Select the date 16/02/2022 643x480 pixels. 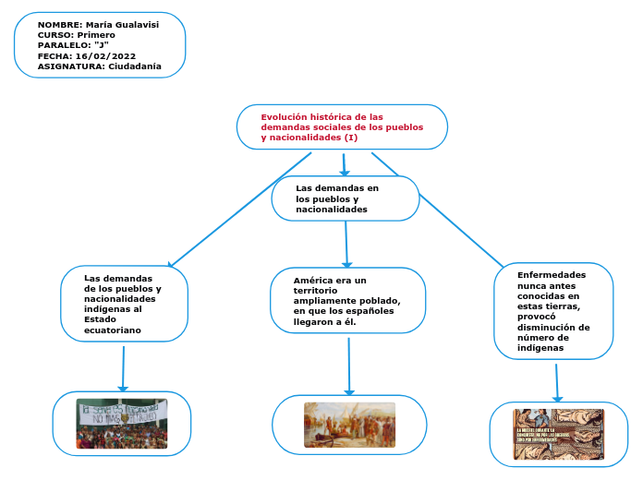(x=105, y=56)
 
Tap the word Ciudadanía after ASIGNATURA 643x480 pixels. (x=135, y=66)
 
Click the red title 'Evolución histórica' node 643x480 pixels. (x=342, y=127)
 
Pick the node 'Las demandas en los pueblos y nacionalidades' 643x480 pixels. (x=345, y=198)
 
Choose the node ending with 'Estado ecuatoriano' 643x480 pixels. (x=124, y=304)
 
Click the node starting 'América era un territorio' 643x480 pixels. (x=347, y=300)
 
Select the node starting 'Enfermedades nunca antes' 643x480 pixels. (x=552, y=311)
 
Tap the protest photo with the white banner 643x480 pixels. (x=122, y=423)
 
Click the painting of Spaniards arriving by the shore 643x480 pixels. (x=349, y=425)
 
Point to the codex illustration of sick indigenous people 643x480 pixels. (x=558, y=434)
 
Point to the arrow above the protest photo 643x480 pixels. (x=123, y=367)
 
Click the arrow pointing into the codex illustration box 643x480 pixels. (x=557, y=383)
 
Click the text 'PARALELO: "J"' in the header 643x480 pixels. (x=73, y=45)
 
